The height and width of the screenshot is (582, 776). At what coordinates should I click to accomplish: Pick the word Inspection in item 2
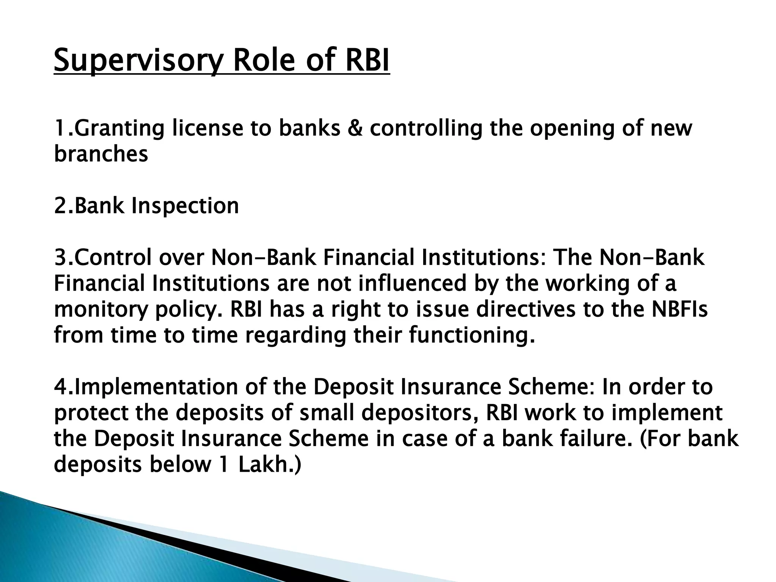(x=185, y=206)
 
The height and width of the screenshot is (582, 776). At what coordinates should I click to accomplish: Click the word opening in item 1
(x=571, y=129)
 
